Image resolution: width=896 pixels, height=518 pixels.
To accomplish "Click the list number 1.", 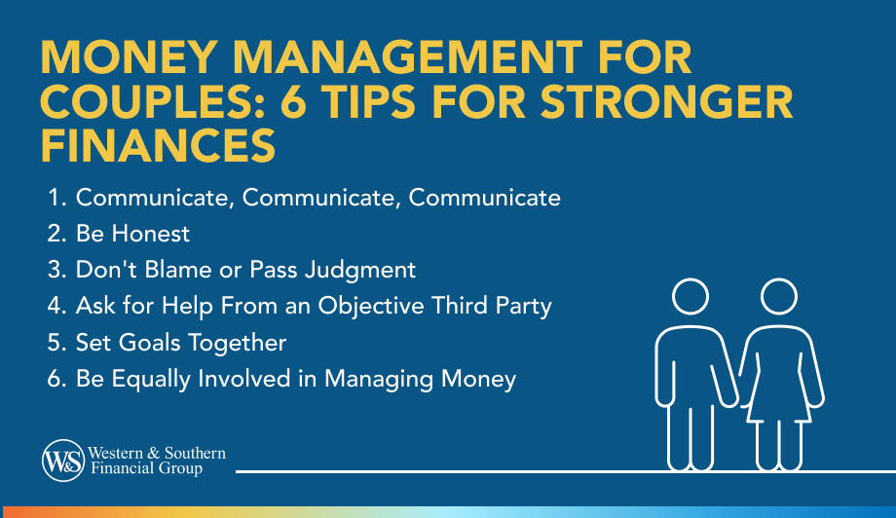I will pyautogui.click(x=55, y=198).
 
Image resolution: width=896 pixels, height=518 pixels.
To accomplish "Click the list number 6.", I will pyautogui.click(x=56, y=379).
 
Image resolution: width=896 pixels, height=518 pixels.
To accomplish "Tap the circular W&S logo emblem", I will pyautogui.click(x=63, y=461).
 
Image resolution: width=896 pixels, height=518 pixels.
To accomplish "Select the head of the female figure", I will pyautogui.click(x=779, y=296).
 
